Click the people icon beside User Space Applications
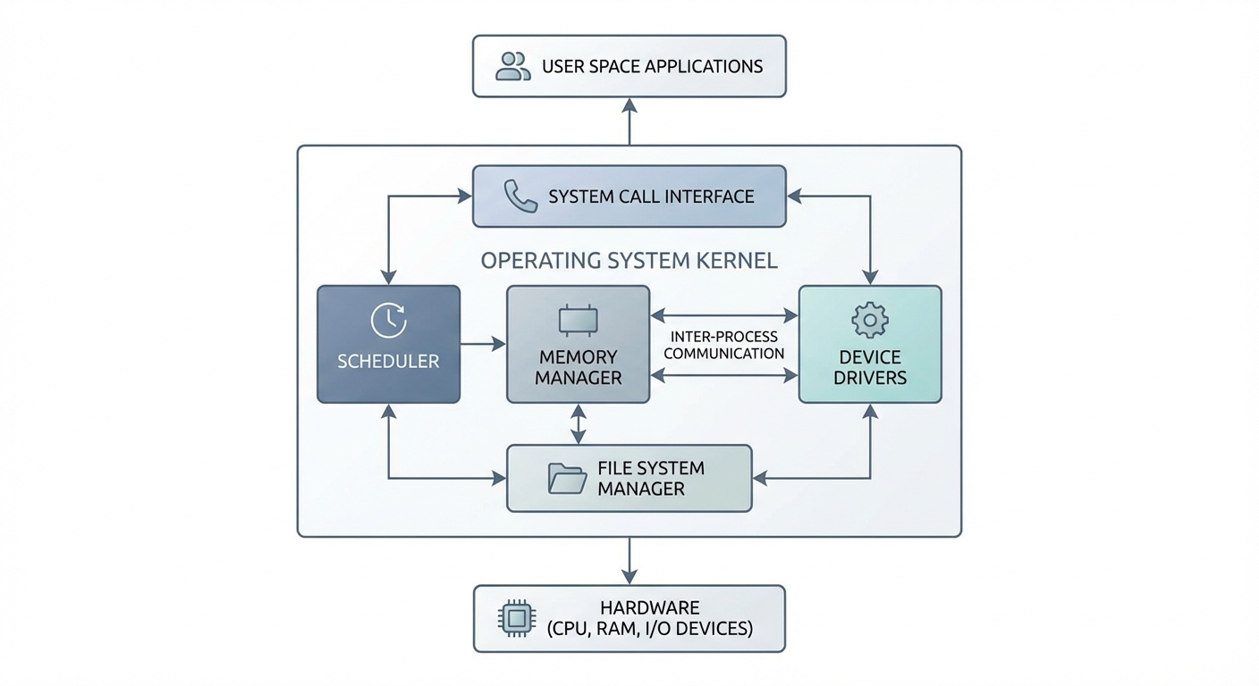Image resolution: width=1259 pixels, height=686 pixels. [x=512, y=66]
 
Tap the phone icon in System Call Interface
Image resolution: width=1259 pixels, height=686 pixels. [x=520, y=197]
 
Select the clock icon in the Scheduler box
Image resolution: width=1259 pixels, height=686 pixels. [x=389, y=321]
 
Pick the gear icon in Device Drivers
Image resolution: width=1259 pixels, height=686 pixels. [x=869, y=321]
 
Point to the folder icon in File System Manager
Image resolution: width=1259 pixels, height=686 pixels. [x=567, y=479]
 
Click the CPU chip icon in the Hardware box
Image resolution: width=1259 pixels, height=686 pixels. [x=513, y=618]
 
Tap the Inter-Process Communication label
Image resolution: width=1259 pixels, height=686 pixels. [x=724, y=345]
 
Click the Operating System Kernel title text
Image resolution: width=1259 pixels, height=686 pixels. [x=629, y=261]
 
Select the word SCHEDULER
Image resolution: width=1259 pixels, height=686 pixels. [x=388, y=362]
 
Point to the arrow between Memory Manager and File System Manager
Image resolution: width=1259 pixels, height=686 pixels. [x=579, y=424]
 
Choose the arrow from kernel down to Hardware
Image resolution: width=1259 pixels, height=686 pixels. [x=629, y=561]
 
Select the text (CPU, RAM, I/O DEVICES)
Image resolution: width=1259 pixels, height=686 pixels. [x=649, y=629]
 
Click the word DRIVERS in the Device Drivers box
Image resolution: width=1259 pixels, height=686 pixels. [x=870, y=377]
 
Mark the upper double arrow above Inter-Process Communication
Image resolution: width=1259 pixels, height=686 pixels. [x=724, y=315]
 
